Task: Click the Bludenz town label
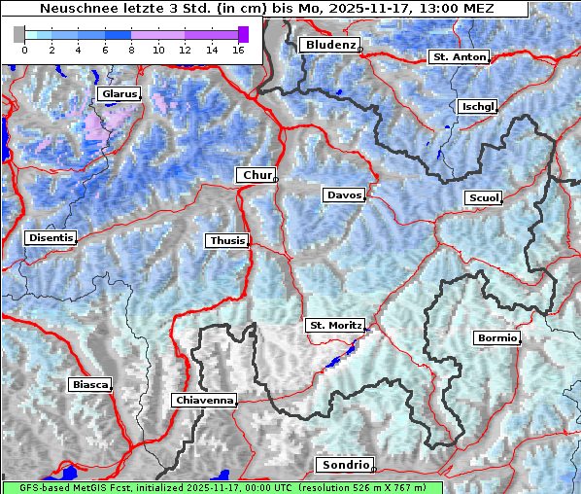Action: click(329, 45)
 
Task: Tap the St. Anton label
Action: click(458, 57)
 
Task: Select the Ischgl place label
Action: click(478, 107)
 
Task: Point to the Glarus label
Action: click(119, 94)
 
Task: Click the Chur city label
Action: click(256, 175)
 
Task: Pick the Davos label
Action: click(344, 195)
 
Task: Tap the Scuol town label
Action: click(483, 198)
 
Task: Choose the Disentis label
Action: click(51, 237)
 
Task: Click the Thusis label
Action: click(227, 240)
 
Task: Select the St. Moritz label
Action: click(335, 325)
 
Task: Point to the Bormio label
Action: click(496, 338)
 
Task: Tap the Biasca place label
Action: click(89, 384)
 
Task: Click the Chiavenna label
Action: click(204, 400)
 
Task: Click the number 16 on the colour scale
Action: click(238, 50)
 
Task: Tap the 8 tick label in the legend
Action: click(131, 50)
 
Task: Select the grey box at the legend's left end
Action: click(18, 34)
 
